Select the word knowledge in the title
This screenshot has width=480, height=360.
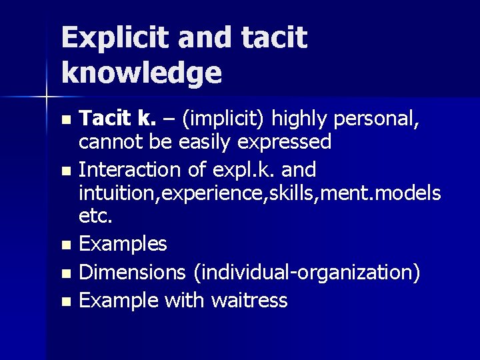(141, 73)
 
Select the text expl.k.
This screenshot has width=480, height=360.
(240, 170)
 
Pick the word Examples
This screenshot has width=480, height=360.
(123, 244)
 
